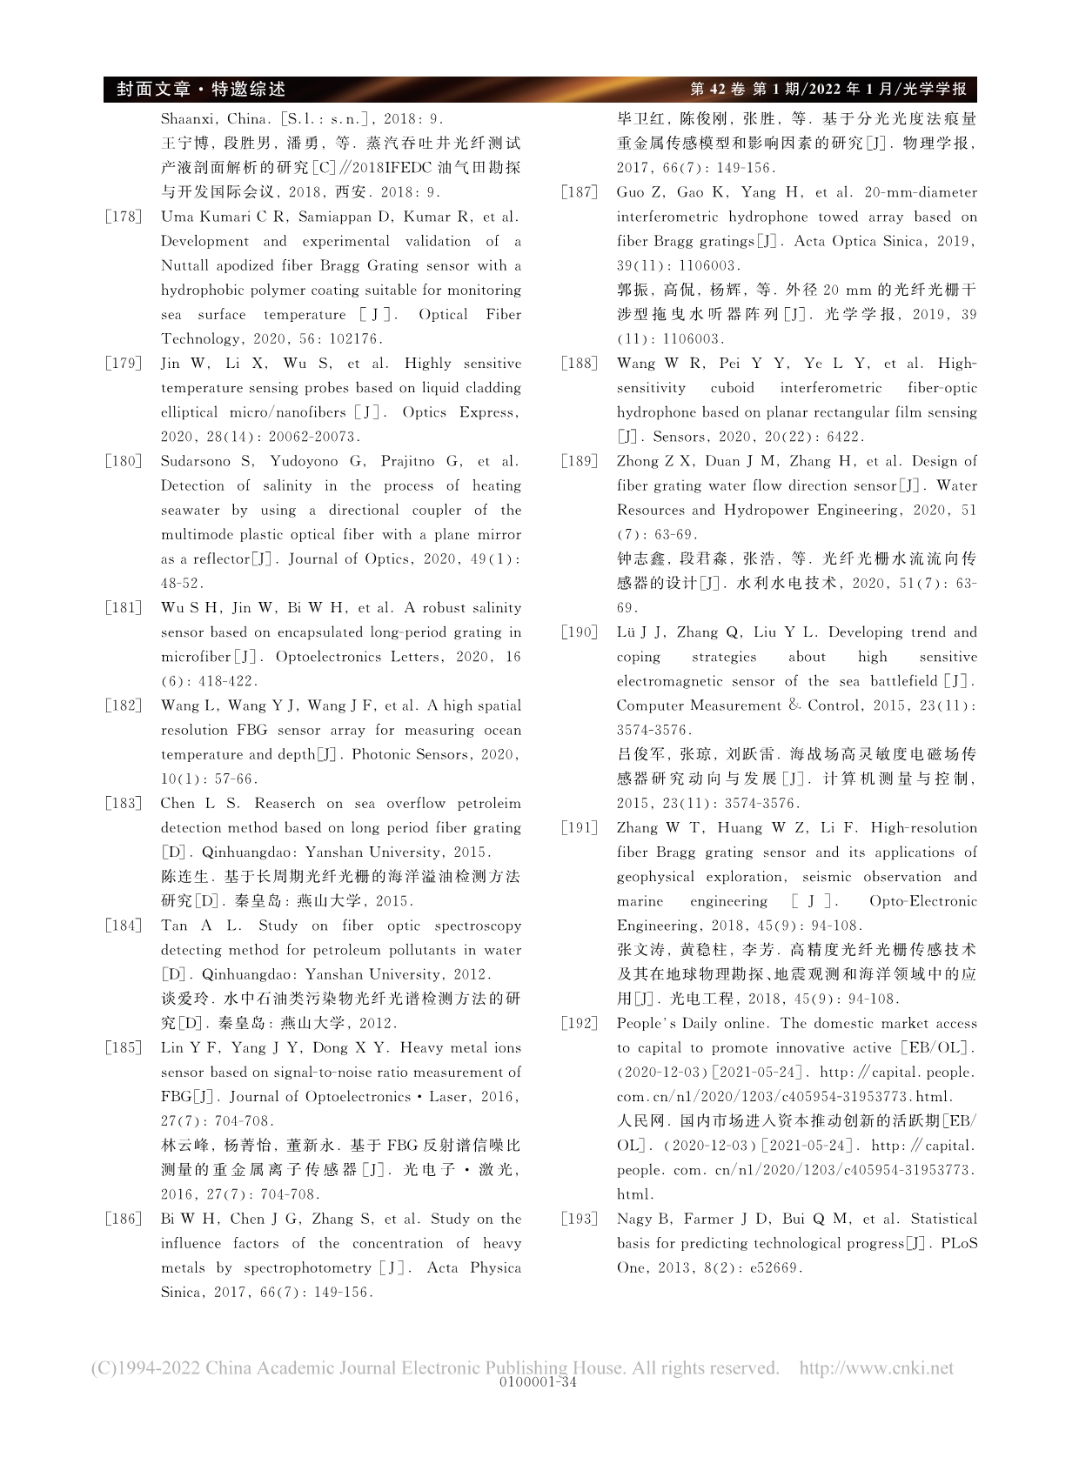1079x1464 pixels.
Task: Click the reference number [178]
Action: tap(123, 217)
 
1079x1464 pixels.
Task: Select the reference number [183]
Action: tap(123, 803)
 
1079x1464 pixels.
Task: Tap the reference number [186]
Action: tap(123, 1219)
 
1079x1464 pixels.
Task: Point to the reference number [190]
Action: tap(579, 632)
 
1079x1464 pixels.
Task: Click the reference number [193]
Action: tap(579, 1219)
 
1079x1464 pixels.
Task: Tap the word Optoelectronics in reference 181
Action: tap(324, 657)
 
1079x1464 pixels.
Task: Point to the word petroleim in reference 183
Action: tap(488, 803)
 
